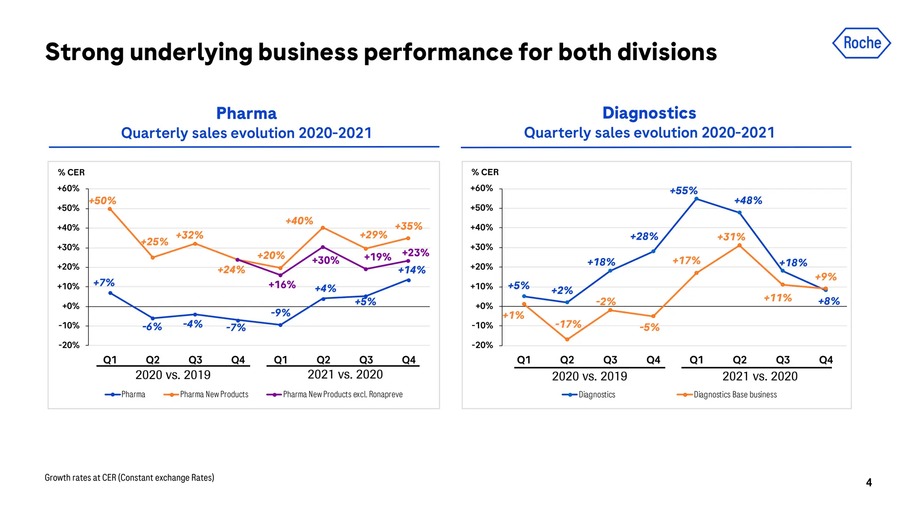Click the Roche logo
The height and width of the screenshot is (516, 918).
862,43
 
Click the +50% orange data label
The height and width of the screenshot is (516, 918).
103,201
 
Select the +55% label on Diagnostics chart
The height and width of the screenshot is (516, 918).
684,191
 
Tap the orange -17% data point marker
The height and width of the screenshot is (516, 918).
567,340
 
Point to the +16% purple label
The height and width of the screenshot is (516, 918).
282,285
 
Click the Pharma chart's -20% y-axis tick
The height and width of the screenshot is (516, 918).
69,345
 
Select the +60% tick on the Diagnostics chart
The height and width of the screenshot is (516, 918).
482,189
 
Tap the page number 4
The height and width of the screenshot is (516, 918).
869,482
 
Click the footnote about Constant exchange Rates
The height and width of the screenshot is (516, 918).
129,477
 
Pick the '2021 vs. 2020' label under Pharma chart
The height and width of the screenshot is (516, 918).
345,374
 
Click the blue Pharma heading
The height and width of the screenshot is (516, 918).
246,113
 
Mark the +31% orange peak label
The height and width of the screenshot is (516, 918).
731,237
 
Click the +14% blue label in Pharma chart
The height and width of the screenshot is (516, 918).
411,270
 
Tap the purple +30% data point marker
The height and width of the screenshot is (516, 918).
323,247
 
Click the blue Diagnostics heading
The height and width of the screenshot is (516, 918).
649,113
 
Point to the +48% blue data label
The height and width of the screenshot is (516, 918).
748,201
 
